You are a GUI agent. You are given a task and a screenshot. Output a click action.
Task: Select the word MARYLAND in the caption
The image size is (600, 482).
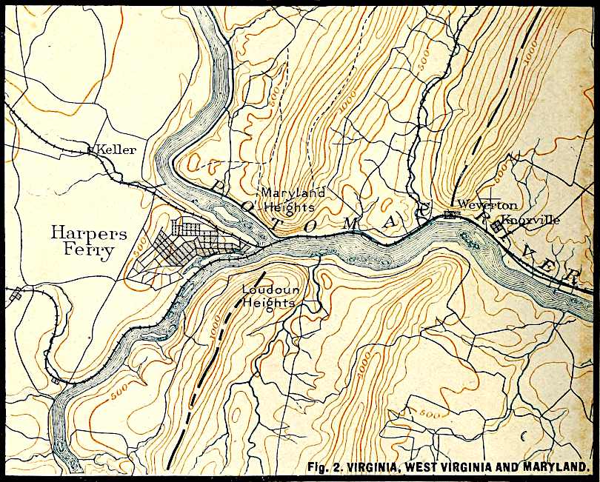553,467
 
